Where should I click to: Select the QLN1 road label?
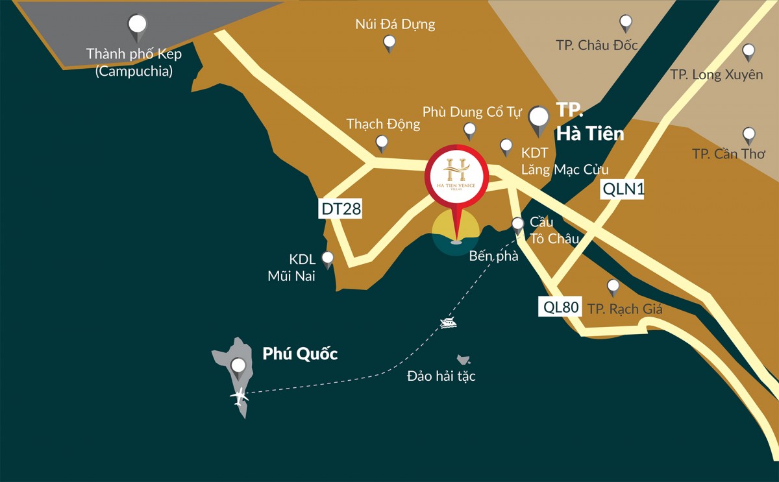point(623,189)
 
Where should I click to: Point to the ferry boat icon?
point(447,322)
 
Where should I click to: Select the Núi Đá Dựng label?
point(395,25)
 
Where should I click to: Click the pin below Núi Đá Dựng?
point(389,43)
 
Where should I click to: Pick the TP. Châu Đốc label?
point(597,45)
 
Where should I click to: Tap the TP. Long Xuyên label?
point(717,75)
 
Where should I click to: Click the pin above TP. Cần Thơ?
point(749,135)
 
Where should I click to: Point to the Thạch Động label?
point(383,123)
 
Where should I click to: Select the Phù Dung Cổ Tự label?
point(472,112)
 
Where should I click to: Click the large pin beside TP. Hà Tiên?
point(538,119)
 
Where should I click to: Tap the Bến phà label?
point(493,256)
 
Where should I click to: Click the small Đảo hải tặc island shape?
point(463,359)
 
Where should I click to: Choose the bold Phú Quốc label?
point(300,354)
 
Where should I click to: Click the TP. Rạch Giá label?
point(624,309)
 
